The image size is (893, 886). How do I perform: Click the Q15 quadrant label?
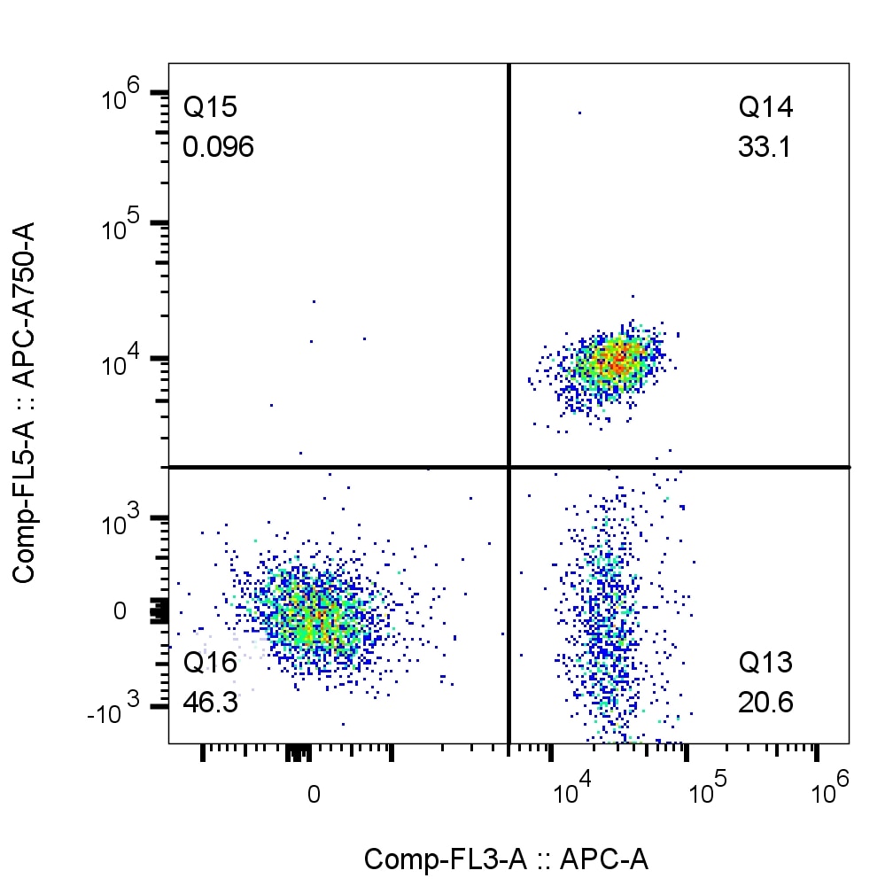coord(210,109)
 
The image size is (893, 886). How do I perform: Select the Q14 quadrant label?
coord(765,109)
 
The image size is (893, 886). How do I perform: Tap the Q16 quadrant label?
coord(210,664)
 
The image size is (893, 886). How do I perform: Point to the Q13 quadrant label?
coord(765,664)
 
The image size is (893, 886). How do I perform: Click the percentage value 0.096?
coord(218,147)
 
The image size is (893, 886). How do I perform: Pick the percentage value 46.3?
coord(210,703)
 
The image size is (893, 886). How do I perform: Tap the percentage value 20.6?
coord(765,703)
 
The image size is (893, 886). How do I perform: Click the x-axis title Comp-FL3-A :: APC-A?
coord(506,859)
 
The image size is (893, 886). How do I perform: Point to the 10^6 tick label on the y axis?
coord(122,93)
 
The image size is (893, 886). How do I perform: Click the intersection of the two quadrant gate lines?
coord(509,466)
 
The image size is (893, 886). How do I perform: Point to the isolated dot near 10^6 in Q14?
coord(579,113)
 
